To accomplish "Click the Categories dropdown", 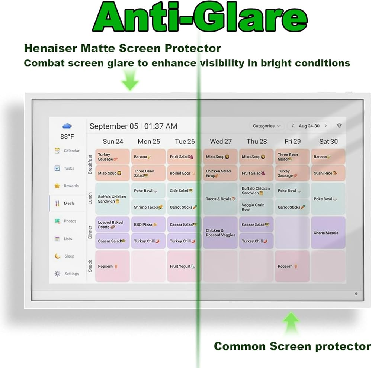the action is tap(267, 126).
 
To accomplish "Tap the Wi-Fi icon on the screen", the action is tap(339, 126).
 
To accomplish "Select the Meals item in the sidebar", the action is tap(67, 203).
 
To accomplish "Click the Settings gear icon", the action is tap(57, 274).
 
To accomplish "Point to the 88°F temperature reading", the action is tap(67, 136).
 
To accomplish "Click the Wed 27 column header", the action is tap(221, 142).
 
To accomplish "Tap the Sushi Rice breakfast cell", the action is tap(328, 173).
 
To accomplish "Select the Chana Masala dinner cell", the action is tap(328, 233).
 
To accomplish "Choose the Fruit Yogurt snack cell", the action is tap(184, 266).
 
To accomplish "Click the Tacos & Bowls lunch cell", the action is tap(220, 199).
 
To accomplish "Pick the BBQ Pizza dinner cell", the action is tap(148, 224).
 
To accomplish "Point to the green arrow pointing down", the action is tap(130, 80).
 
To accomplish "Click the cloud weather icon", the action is tap(67, 126).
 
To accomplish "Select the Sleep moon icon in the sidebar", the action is tap(57, 256).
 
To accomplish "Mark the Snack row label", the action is tap(90, 266).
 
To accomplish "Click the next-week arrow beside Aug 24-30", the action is tap(326, 126).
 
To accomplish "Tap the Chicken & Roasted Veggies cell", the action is tap(220, 233).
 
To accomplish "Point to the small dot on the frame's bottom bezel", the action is tap(356, 294).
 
